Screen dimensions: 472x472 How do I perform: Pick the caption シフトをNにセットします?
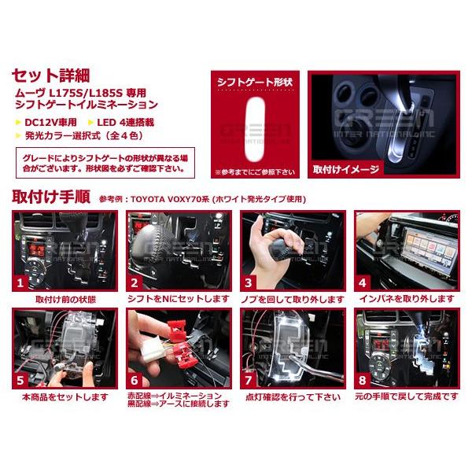179,300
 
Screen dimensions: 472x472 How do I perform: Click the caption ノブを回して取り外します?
293,300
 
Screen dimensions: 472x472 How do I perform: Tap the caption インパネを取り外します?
406,300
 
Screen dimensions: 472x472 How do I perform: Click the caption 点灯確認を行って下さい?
293,397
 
